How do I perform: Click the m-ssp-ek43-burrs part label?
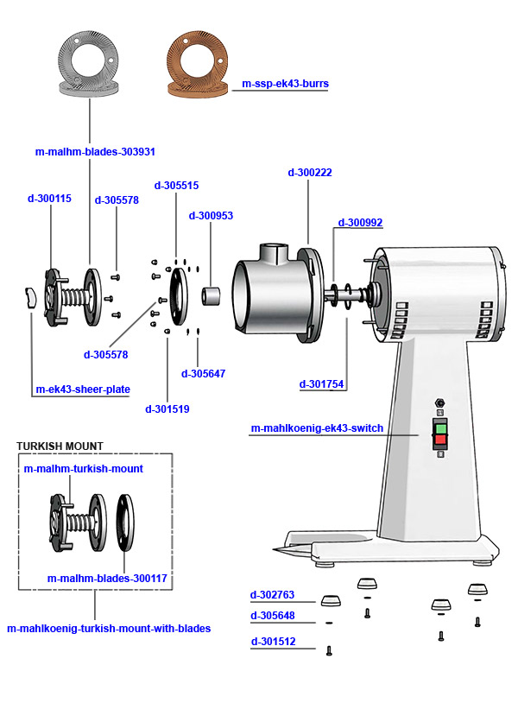point(285,84)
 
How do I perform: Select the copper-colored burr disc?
point(199,60)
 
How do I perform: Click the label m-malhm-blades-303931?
point(95,152)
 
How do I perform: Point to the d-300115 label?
point(49,199)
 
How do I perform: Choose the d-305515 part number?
point(176,186)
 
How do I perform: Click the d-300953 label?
point(211,216)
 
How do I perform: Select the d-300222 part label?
point(309,173)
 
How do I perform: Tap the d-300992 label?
point(360,223)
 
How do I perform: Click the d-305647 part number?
point(203,374)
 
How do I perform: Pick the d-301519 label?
point(167,408)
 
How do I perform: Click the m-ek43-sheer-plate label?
point(83,389)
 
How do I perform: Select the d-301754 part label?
point(323,384)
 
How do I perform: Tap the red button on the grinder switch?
point(440,440)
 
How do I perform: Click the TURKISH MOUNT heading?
point(60,446)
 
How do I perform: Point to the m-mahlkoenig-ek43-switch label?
point(317,428)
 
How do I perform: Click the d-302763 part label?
point(272,595)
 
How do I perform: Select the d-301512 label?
point(272,642)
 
